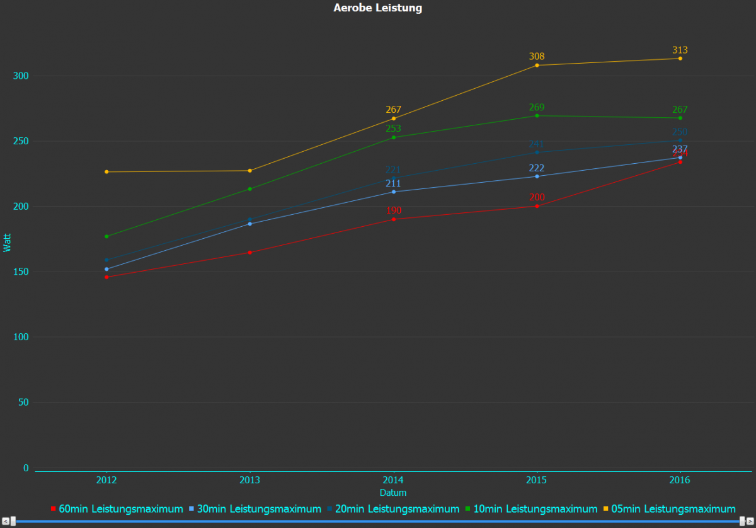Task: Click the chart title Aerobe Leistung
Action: (377, 8)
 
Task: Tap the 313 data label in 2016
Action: (680, 50)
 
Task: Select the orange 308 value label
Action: (537, 56)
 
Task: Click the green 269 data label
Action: (537, 107)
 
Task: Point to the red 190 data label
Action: (394, 210)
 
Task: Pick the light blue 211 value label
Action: (394, 183)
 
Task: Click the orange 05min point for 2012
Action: (106, 172)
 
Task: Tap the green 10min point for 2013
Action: (250, 189)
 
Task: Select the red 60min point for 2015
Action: (537, 206)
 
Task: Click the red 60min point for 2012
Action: (106, 277)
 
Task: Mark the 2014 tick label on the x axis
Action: (394, 481)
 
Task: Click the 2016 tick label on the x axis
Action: (680, 481)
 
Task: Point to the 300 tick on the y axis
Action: (21, 76)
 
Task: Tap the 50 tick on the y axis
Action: (24, 402)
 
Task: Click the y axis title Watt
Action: (8, 243)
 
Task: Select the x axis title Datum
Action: (393, 493)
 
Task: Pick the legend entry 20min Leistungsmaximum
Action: (393, 508)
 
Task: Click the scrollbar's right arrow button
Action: (750, 521)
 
